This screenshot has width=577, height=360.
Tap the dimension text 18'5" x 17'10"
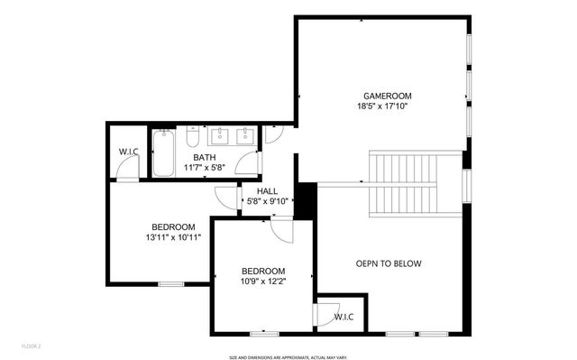[381, 106]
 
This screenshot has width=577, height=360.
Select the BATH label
[204, 157]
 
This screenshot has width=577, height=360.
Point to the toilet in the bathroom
[192, 138]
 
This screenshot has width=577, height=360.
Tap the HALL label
[267, 190]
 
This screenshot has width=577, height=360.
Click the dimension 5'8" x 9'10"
[267, 201]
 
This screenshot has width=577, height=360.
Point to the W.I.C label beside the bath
[127, 152]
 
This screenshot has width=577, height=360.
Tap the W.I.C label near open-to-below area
[343, 317]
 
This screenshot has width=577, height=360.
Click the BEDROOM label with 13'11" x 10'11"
[173, 226]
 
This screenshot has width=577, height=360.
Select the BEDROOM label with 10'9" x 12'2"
[263, 271]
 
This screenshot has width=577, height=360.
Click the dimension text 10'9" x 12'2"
[263, 282]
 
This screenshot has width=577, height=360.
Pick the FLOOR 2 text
[32, 346]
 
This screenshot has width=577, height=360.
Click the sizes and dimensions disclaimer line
[288, 356]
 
